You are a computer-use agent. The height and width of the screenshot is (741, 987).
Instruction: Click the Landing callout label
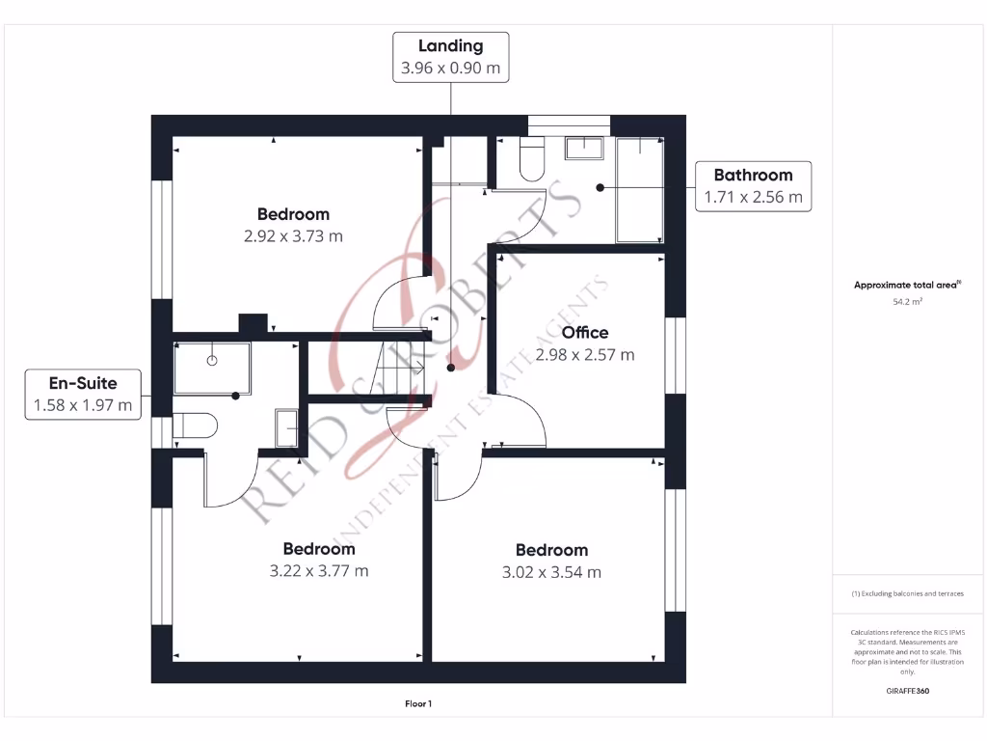pyautogui.click(x=450, y=57)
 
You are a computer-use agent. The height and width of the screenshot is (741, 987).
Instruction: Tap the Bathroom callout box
pyautogui.click(x=753, y=186)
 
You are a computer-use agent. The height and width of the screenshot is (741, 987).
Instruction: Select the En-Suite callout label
pyautogui.click(x=83, y=395)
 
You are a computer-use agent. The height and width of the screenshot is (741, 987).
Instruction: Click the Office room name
pyautogui.click(x=585, y=333)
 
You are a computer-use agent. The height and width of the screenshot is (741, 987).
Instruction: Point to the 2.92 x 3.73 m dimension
pyautogui.click(x=293, y=235)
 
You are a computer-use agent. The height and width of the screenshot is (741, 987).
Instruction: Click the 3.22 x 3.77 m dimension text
pyautogui.click(x=319, y=571)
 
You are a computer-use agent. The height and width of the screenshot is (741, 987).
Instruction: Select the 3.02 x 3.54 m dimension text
pyautogui.click(x=551, y=572)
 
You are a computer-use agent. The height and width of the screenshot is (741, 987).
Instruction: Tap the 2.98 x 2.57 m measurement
pyautogui.click(x=585, y=355)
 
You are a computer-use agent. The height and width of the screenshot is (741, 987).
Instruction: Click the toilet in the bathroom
pyautogui.click(x=532, y=160)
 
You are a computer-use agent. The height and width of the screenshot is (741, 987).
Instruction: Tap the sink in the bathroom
pyautogui.click(x=584, y=148)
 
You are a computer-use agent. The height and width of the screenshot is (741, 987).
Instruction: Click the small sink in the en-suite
pyautogui.click(x=286, y=428)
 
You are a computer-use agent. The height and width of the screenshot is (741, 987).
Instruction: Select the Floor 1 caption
pyautogui.click(x=418, y=704)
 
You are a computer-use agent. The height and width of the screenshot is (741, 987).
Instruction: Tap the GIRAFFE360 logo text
pyautogui.click(x=908, y=692)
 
